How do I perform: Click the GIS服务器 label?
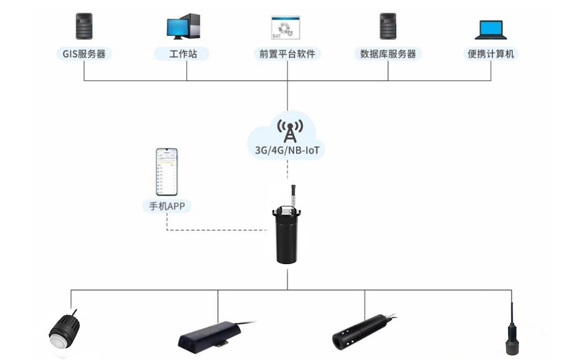pos(84,54)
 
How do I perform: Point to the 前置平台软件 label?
pos(287,54)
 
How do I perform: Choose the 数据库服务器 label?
pos(388,54)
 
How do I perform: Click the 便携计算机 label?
pos(491,54)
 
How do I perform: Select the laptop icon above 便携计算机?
pos(491,29)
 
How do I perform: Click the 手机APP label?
pos(166,206)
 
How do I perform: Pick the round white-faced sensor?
pos(63,335)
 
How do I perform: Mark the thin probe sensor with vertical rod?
pos(511,332)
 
